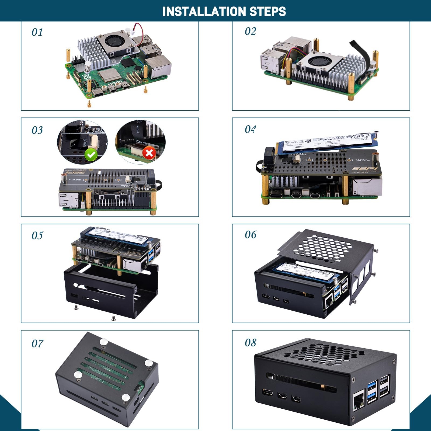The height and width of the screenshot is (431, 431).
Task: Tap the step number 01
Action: pos(37,33)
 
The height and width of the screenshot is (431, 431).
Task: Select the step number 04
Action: pos(250,130)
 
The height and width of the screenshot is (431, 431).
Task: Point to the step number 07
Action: pos(37,344)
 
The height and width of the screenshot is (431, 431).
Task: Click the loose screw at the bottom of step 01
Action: pos(89,104)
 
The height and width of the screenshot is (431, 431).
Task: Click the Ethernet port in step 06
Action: pos(329,303)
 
